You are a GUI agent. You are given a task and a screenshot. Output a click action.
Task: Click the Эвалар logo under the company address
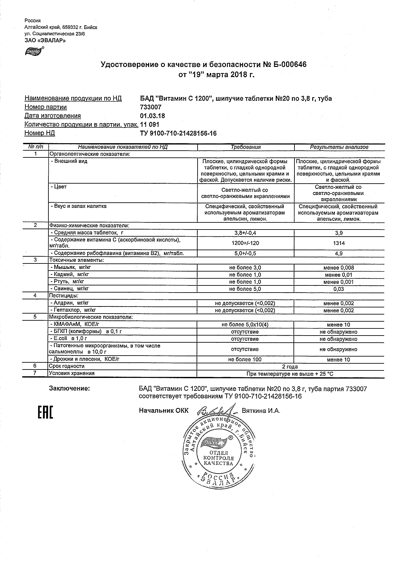click(x=34, y=51)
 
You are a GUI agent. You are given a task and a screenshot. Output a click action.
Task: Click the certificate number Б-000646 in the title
click(x=289, y=65)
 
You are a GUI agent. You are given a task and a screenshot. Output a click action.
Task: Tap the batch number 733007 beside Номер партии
click(x=150, y=107)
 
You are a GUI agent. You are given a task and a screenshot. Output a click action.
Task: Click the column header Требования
click(x=245, y=147)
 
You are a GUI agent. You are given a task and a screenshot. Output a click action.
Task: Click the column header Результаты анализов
click(x=339, y=147)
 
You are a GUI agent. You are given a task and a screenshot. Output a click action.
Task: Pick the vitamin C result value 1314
click(x=339, y=243)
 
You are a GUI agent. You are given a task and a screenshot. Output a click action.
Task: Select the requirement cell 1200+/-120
click(x=245, y=243)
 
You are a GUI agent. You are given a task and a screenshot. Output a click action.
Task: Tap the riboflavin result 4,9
click(x=339, y=254)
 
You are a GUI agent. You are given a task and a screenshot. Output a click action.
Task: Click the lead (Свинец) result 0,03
click(x=339, y=289)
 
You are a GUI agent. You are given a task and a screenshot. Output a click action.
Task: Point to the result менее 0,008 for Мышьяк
click(x=339, y=268)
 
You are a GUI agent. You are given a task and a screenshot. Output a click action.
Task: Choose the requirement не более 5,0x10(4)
click(x=245, y=325)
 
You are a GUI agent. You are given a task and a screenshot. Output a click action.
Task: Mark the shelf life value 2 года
click(x=290, y=367)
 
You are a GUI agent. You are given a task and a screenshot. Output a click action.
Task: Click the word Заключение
click(x=69, y=389)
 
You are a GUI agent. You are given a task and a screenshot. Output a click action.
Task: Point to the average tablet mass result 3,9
click(x=339, y=233)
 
